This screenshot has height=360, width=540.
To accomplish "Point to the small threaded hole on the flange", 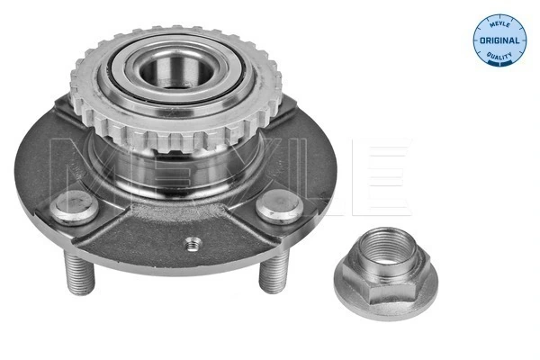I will click(191, 242).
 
